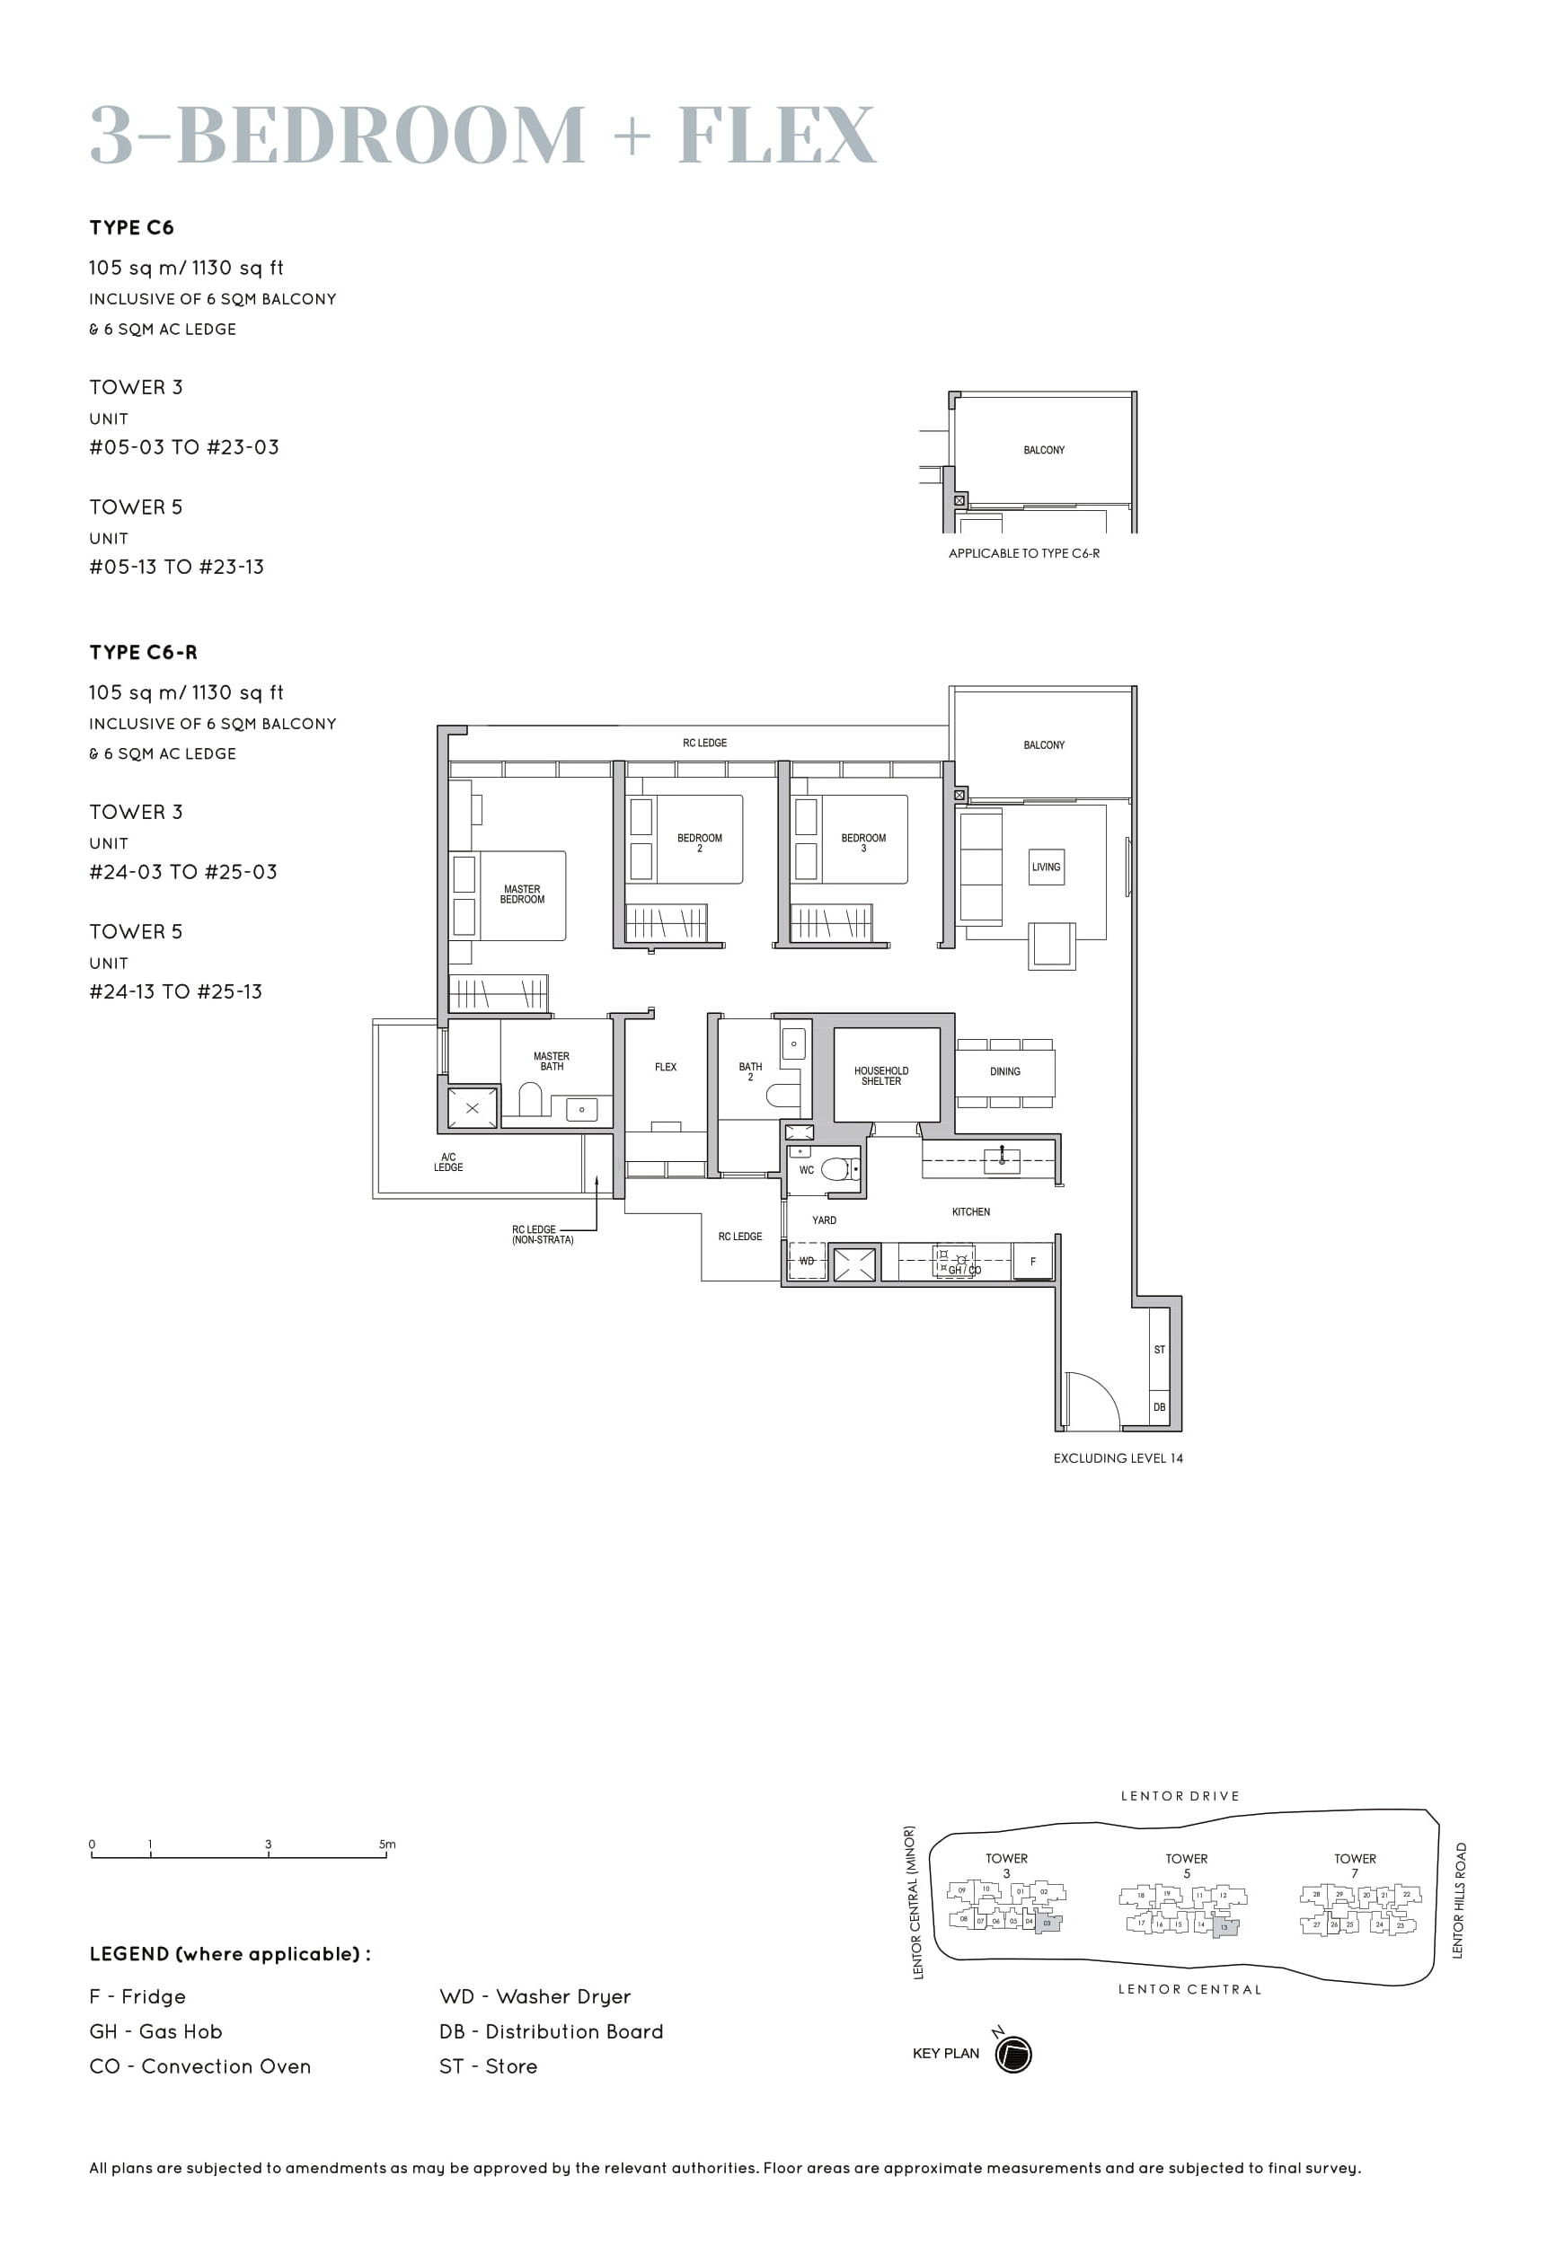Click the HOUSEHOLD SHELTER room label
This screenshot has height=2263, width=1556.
(x=880, y=1075)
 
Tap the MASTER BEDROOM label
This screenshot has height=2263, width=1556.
(x=522, y=894)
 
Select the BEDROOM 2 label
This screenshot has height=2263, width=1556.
(x=699, y=842)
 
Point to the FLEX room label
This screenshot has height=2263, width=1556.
(x=665, y=1066)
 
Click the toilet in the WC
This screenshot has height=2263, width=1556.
(x=836, y=1167)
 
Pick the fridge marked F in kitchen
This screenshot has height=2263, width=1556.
(x=1032, y=1261)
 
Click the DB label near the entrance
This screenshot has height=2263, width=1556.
(x=1159, y=1407)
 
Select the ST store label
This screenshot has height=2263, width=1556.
(x=1159, y=1350)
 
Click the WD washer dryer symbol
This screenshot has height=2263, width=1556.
(x=808, y=1261)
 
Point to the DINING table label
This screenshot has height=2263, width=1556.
(x=1004, y=1071)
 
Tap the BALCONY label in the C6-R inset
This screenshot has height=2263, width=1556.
(x=1043, y=449)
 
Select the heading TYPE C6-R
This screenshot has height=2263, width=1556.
(x=144, y=652)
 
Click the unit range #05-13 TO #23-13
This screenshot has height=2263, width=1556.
(x=176, y=567)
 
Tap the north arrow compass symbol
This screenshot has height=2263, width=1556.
(x=1013, y=2054)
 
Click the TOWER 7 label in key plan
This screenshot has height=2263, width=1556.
(x=1354, y=1864)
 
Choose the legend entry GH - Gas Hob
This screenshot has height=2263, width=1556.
(x=156, y=2031)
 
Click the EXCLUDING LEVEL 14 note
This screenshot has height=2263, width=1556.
(x=1118, y=1458)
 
